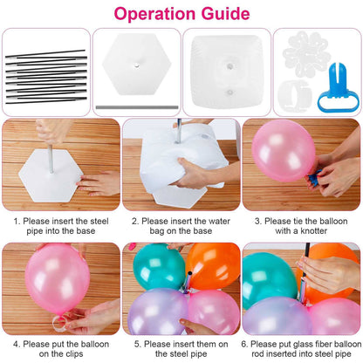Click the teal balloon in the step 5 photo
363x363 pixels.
pos(157,267)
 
